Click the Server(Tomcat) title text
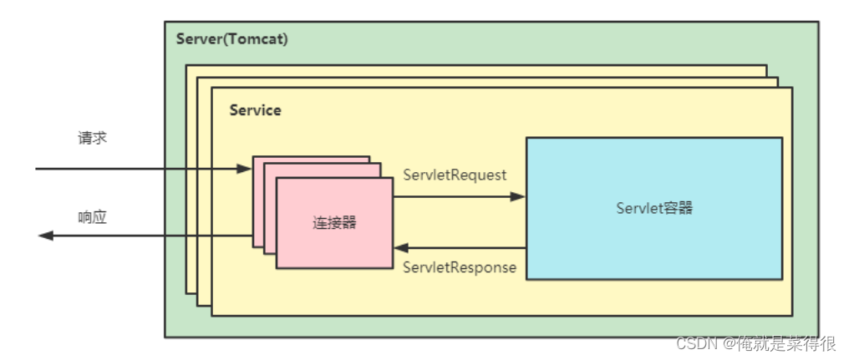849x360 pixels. pyautogui.click(x=232, y=39)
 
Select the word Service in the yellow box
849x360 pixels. pyautogui.click(x=255, y=110)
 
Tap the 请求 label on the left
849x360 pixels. pyautogui.click(x=92, y=138)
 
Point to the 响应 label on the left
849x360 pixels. pyautogui.click(x=92, y=217)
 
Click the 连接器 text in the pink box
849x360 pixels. pyautogui.click(x=334, y=223)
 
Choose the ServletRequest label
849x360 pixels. pyautogui.click(x=455, y=175)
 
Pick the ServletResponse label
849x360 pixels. pyautogui.click(x=459, y=267)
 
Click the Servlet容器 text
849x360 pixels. pyautogui.click(x=653, y=208)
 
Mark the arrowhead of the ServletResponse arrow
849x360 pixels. pyautogui.click(x=401, y=248)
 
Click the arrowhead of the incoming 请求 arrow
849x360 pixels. pyautogui.click(x=244, y=169)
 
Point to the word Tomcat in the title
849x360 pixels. pyautogui.click(x=261, y=39)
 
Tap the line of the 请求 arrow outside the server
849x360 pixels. pyautogui.click(x=100, y=169)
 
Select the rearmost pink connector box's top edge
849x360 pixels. pyautogui.click(x=311, y=155)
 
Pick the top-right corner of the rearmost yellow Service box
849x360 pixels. pyautogui.click(x=767, y=65)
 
